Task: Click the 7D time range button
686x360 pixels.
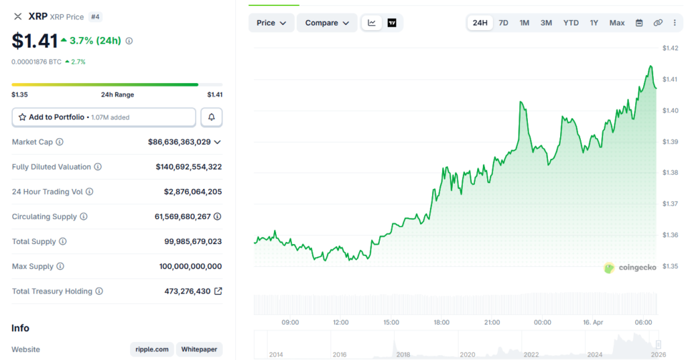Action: [503, 23]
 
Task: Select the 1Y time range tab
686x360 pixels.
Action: [594, 23]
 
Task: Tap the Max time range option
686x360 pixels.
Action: [617, 23]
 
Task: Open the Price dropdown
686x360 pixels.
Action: [271, 23]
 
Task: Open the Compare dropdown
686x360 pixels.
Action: [326, 23]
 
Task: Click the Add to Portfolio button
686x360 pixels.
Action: [104, 117]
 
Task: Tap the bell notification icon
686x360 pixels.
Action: [212, 117]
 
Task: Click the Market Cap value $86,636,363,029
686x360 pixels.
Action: [179, 142]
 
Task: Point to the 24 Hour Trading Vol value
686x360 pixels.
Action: [193, 192]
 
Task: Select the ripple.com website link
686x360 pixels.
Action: [152, 349]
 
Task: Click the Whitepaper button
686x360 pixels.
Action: [200, 349]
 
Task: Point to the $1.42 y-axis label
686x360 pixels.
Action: [670, 48]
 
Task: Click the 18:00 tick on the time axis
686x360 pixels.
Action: [441, 322]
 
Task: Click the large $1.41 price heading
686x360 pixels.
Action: [34, 41]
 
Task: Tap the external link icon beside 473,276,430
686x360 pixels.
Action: [218, 292]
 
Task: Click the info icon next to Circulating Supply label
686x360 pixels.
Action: [83, 217]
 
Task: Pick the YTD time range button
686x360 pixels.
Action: [571, 23]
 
